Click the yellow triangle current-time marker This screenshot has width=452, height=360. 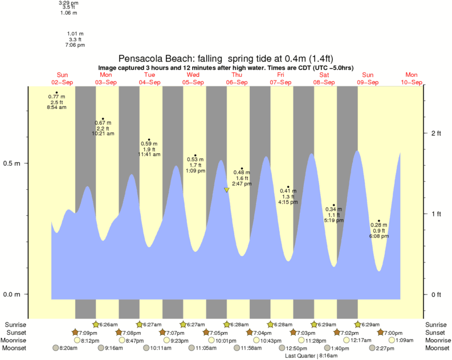click(227, 190)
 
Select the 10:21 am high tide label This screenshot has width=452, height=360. click(103, 133)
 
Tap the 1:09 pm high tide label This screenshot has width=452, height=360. click(195, 170)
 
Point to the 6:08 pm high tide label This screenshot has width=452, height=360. click(378, 236)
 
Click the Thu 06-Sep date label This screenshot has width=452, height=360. click(237, 79)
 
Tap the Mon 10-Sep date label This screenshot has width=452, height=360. click(412, 79)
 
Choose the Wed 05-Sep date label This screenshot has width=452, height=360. click(193, 79)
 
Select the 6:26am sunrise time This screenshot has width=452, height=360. click(108, 325)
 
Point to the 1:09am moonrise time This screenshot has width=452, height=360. click(405, 340)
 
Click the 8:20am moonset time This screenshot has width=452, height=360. click(68, 347)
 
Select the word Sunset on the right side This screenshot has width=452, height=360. click(435, 333)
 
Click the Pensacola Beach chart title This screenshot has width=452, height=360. click(226, 58)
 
